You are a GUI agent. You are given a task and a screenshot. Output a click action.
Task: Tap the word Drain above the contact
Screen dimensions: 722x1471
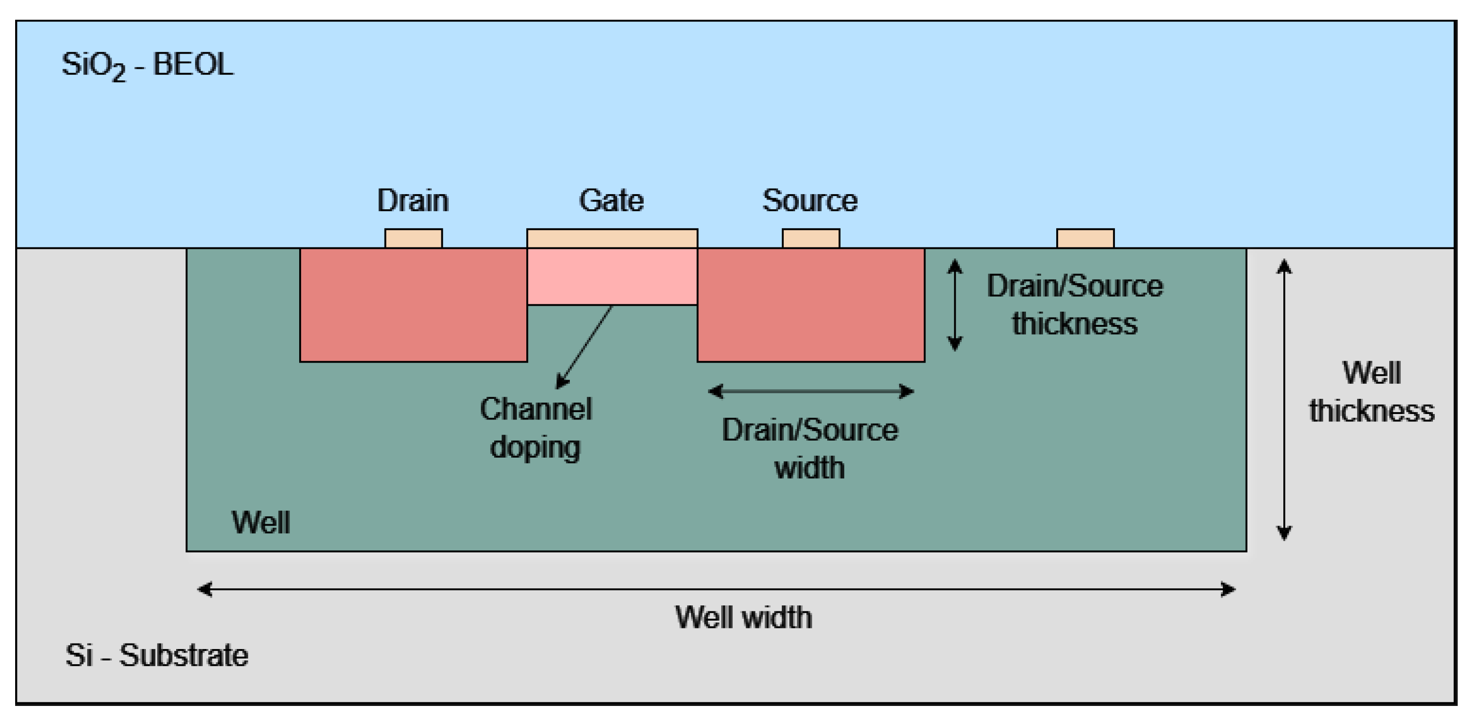pos(413,201)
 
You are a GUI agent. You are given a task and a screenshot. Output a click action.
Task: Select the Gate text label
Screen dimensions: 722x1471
pos(611,201)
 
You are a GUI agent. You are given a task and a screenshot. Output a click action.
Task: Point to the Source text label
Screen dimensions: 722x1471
pos(810,201)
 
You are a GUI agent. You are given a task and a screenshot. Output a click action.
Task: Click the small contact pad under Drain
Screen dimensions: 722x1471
pos(413,238)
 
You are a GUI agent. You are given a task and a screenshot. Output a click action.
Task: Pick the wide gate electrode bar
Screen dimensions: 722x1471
pos(612,238)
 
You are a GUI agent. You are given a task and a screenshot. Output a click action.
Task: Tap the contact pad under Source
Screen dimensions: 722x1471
pos(811,238)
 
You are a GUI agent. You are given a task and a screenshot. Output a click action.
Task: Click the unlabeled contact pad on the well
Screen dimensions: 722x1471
pos(1085,238)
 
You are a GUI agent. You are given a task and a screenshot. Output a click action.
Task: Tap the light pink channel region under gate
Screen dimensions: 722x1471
pos(612,276)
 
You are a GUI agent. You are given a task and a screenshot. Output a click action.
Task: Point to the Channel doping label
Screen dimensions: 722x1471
pos(535,428)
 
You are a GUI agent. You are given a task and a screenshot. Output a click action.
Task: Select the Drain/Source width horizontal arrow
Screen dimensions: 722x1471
pos(811,391)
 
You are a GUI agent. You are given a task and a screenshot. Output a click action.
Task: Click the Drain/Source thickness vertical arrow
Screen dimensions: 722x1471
pos(955,304)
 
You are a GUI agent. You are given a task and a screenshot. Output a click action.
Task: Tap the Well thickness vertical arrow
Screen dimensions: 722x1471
pos(1284,400)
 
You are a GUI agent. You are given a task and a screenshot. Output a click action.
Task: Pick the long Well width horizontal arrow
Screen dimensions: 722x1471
pos(716,589)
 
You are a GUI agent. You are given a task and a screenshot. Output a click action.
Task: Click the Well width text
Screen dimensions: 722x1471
pos(743,617)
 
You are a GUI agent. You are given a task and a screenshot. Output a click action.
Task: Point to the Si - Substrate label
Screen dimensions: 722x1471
pos(156,655)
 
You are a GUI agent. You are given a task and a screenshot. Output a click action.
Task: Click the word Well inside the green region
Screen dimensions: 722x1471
pos(261,522)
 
